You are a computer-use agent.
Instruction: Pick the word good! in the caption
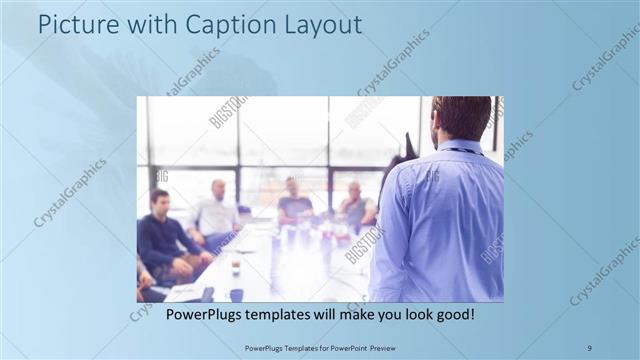tap(453, 314)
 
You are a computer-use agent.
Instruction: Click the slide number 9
tap(588, 347)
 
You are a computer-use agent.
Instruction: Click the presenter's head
tap(463, 117)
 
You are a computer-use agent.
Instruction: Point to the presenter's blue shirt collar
tap(462, 147)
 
